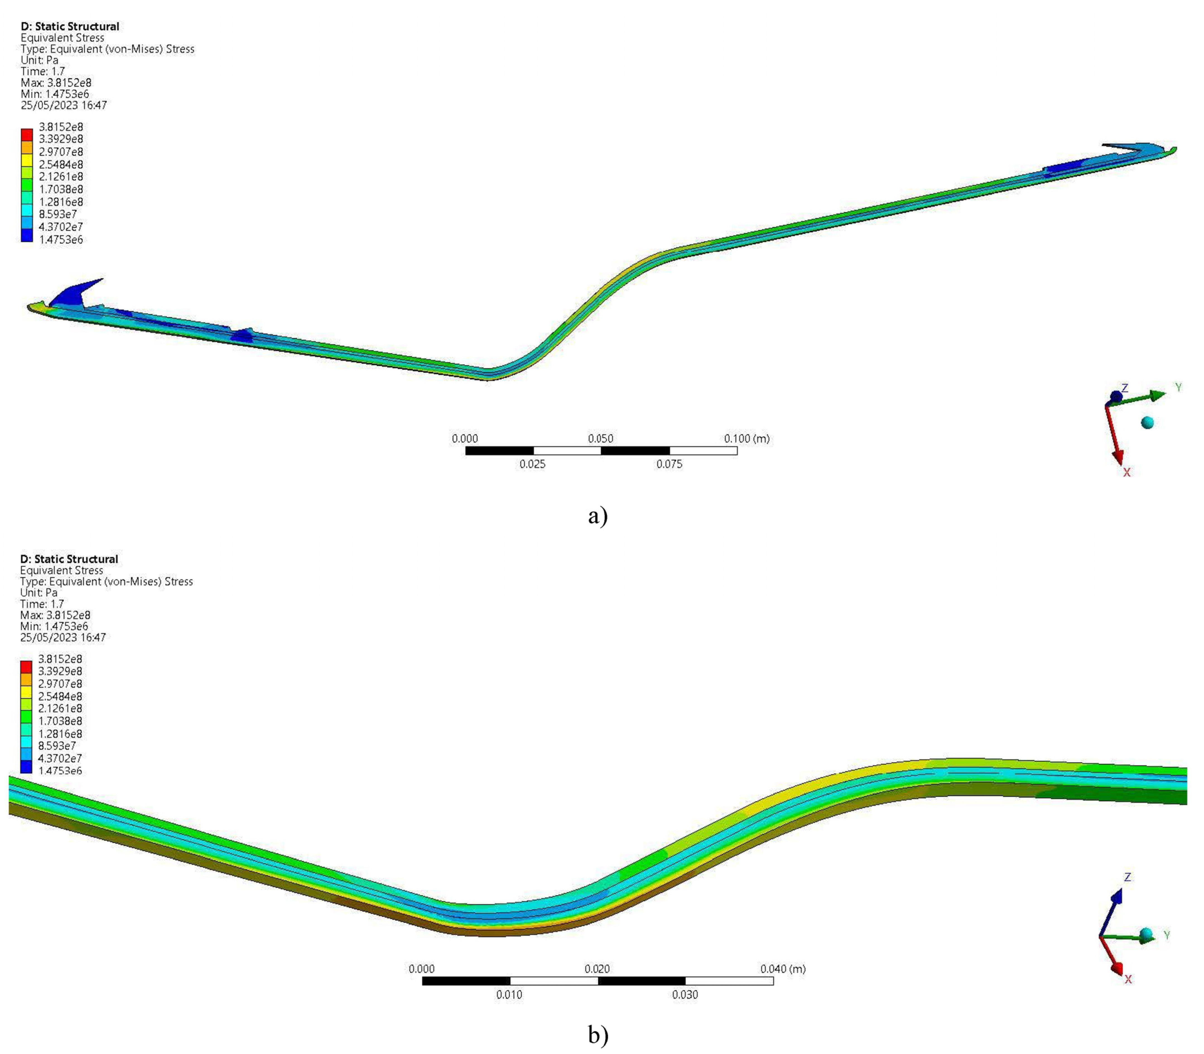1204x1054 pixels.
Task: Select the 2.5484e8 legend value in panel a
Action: pos(61,164)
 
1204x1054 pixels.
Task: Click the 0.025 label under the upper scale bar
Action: pos(532,464)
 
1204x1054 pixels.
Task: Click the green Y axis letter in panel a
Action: pos(1178,387)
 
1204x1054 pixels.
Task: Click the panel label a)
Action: pos(598,516)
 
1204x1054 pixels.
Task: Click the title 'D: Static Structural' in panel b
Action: pos(69,559)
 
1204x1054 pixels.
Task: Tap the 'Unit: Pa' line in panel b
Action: pos(39,592)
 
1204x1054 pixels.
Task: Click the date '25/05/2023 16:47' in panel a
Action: pos(64,105)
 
